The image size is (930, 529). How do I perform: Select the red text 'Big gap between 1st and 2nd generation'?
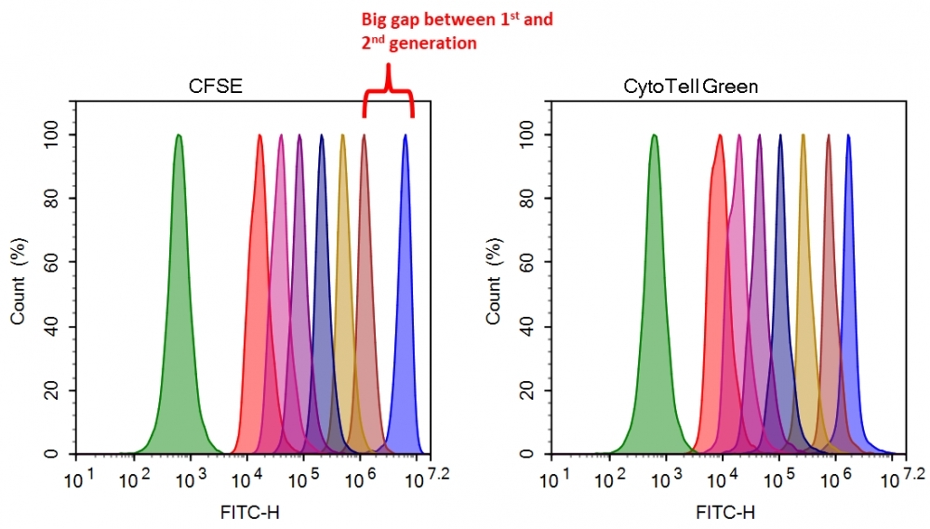457,31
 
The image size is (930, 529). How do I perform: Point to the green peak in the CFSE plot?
179,279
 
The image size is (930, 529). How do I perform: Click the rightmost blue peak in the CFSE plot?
405,279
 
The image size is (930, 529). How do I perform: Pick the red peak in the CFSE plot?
259,279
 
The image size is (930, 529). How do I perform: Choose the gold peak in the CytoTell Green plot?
802,279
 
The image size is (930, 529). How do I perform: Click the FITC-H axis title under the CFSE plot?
247,512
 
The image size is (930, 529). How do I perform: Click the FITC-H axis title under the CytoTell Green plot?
724,512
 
